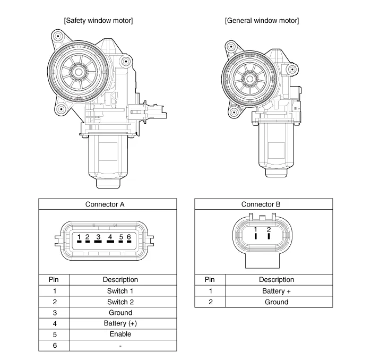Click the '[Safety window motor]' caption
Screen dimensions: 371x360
[98, 21]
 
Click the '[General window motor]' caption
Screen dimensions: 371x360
[262, 21]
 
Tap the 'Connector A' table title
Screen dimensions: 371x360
[105, 204]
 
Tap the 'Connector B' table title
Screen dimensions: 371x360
[261, 204]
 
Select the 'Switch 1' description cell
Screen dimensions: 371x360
[120, 291]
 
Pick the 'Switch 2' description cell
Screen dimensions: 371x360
[120, 302]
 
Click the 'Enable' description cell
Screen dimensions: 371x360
[120, 334]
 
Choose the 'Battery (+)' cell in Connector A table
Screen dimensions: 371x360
[120, 323]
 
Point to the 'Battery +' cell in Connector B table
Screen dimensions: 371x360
[277, 291]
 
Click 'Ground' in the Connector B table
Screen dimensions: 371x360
[277, 302]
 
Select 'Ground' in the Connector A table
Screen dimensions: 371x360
[120, 313]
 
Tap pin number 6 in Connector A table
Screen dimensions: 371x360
[55, 345]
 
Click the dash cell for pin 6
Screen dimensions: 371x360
[120, 346]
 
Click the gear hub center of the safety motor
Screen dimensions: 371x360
[79, 72]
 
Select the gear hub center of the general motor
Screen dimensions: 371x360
[249, 79]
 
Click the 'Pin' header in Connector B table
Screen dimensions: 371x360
[210, 279]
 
